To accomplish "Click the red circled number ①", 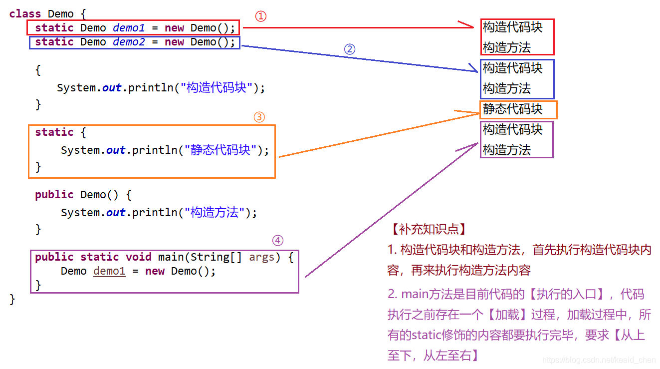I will click(x=261, y=16).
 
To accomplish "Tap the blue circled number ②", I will click(x=350, y=49).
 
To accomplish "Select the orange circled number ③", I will click(x=259, y=117).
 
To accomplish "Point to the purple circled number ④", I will click(x=278, y=241).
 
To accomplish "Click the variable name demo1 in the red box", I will click(x=129, y=28).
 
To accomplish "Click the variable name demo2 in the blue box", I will click(x=129, y=42).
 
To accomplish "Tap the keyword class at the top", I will click(x=25, y=13).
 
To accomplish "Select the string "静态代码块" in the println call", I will click(x=220, y=150).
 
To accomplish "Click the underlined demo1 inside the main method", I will click(x=109, y=271).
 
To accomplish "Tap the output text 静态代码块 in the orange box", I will click(x=512, y=109).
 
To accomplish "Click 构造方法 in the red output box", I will click(x=506, y=47).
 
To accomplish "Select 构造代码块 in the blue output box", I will click(x=512, y=68).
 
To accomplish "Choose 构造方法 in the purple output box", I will click(x=506, y=150).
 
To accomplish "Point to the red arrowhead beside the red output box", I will click(x=469, y=25).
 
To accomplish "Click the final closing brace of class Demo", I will click(x=12, y=299).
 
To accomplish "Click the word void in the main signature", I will click(x=138, y=257).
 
